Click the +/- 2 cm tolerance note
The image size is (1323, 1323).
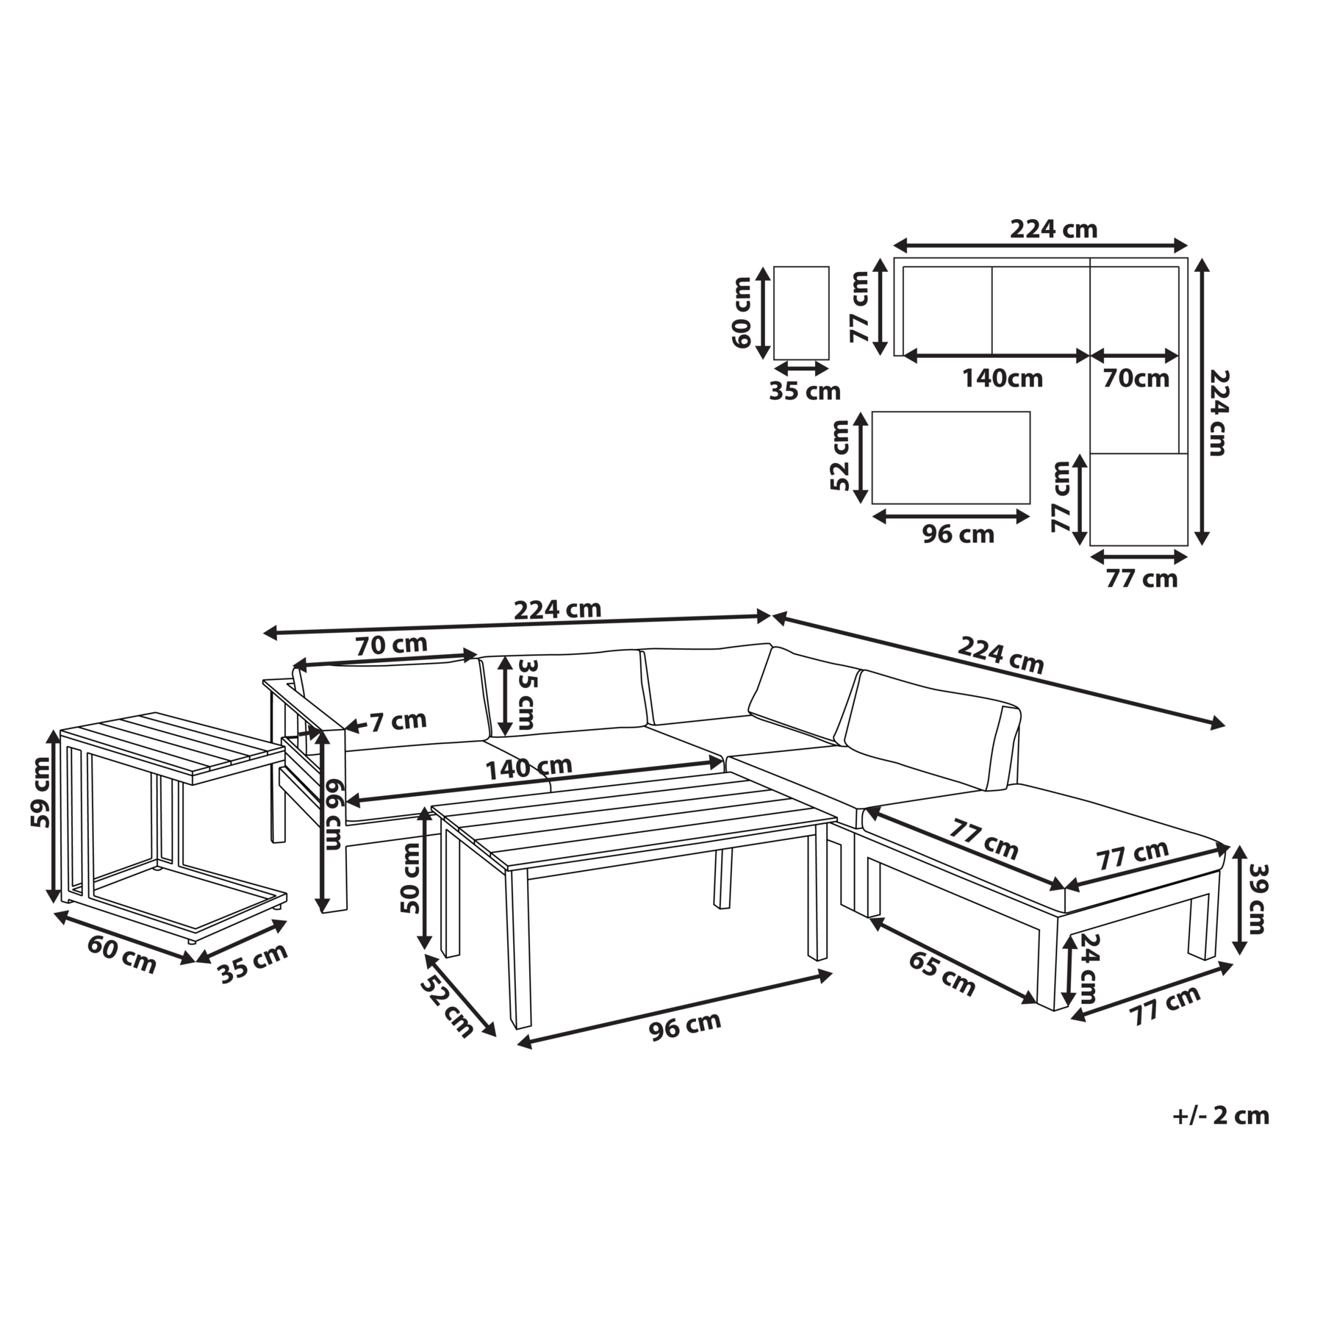click(1220, 1116)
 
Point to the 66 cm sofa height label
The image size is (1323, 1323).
click(334, 815)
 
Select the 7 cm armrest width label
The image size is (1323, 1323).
click(398, 721)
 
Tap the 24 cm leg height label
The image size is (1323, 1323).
click(1089, 968)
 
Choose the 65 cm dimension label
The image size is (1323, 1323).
click(942, 974)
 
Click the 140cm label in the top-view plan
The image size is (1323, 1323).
click(1003, 379)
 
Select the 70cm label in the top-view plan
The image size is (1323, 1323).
click(1136, 379)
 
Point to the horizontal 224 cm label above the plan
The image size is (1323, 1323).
click(1053, 229)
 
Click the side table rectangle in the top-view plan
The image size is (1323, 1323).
click(801, 313)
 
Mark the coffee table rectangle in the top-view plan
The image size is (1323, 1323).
click(951, 458)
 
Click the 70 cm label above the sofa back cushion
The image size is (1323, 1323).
click(391, 645)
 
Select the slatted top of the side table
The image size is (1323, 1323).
click(173, 747)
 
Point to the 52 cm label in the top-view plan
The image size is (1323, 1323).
click(840, 455)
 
